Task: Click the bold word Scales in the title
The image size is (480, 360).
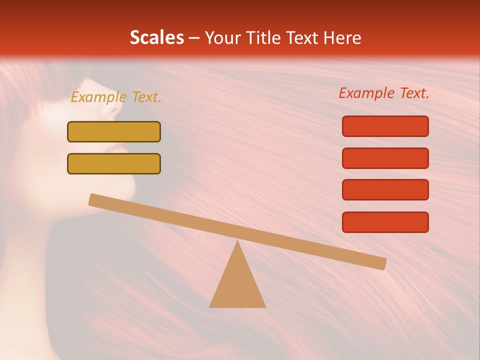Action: point(156,37)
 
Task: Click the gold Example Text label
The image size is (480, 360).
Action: point(116,97)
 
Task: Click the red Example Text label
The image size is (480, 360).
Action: point(384,93)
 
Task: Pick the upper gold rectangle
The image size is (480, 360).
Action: point(114,131)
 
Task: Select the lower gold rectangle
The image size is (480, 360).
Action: point(114,163)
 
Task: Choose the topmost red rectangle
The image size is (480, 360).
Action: point(385,126)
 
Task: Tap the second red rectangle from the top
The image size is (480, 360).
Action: point(385,158)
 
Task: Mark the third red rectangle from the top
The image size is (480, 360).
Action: point(385,190)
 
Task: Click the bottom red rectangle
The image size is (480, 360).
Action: point(385,222)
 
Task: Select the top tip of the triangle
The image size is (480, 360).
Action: point(238,242)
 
